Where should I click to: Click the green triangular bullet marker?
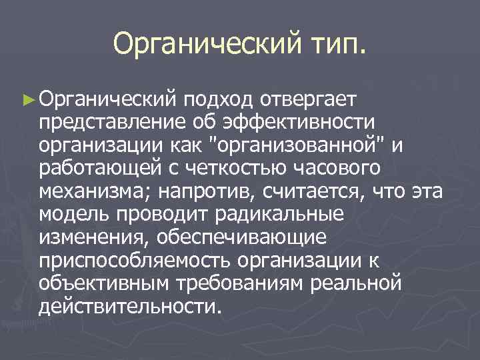tap(27, 100)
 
